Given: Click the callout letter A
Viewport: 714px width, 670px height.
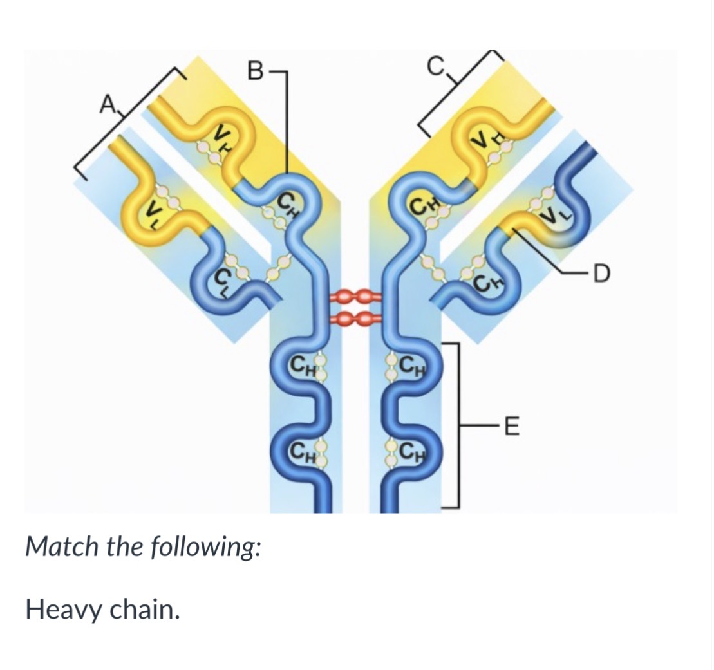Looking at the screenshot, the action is (x=108, y=105).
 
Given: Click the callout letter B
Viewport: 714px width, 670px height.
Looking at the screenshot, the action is (x=255, y=71).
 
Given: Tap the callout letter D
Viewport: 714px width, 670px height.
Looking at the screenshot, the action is (x=601, y=274).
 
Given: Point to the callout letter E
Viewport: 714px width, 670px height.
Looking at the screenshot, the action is (x=512, y=426).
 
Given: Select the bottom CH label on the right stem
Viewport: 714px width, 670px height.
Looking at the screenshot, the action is (x=411, y=451).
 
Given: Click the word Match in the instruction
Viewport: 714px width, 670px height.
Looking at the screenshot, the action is (x=62, y=546).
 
